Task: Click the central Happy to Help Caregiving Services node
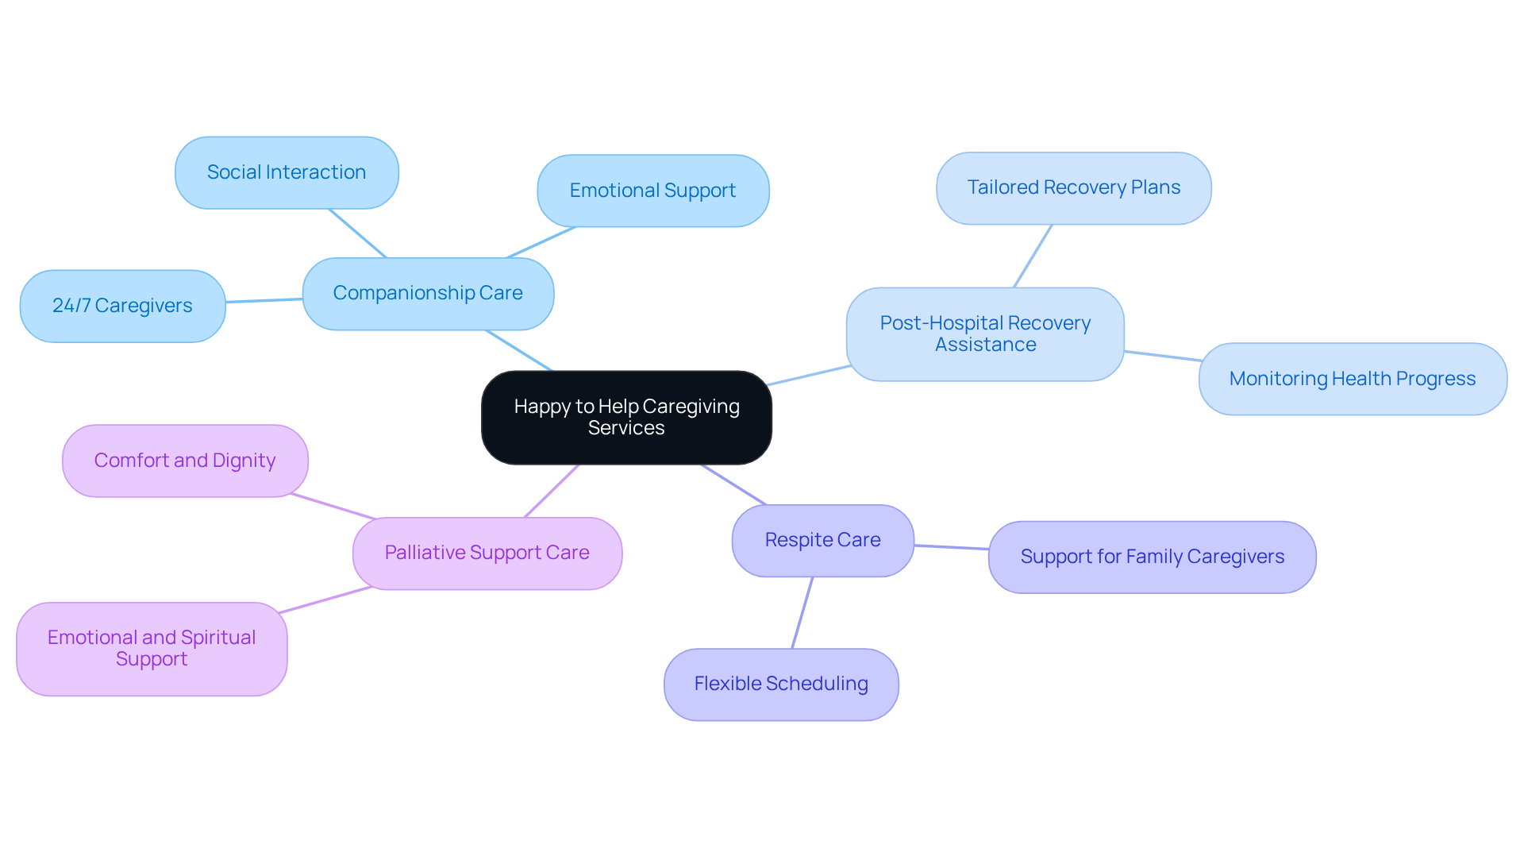coord(626,418)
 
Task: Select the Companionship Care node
coord(428,294)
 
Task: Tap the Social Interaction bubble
coord(287,173)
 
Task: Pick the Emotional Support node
coord(652,191)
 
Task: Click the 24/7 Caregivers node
coord(122,307)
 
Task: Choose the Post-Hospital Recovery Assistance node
coord(985,334)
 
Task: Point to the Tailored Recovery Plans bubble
coord(1073,188)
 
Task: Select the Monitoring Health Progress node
coord(1352,380)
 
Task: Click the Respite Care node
coord(822,541)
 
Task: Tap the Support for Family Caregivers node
coord(1152,557)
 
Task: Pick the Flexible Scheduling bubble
coord(781,685)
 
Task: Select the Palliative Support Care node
coord(487,553)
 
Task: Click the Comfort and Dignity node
coord(185,461)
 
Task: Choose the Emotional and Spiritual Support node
coord(152,649)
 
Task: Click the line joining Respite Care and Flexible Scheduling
coord(802,613)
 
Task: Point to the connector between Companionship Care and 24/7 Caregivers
coord(264,301)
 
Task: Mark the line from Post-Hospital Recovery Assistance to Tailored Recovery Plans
coord(1033,256)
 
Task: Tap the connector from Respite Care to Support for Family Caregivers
coord(951,547)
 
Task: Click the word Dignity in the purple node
coord(244,461)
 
